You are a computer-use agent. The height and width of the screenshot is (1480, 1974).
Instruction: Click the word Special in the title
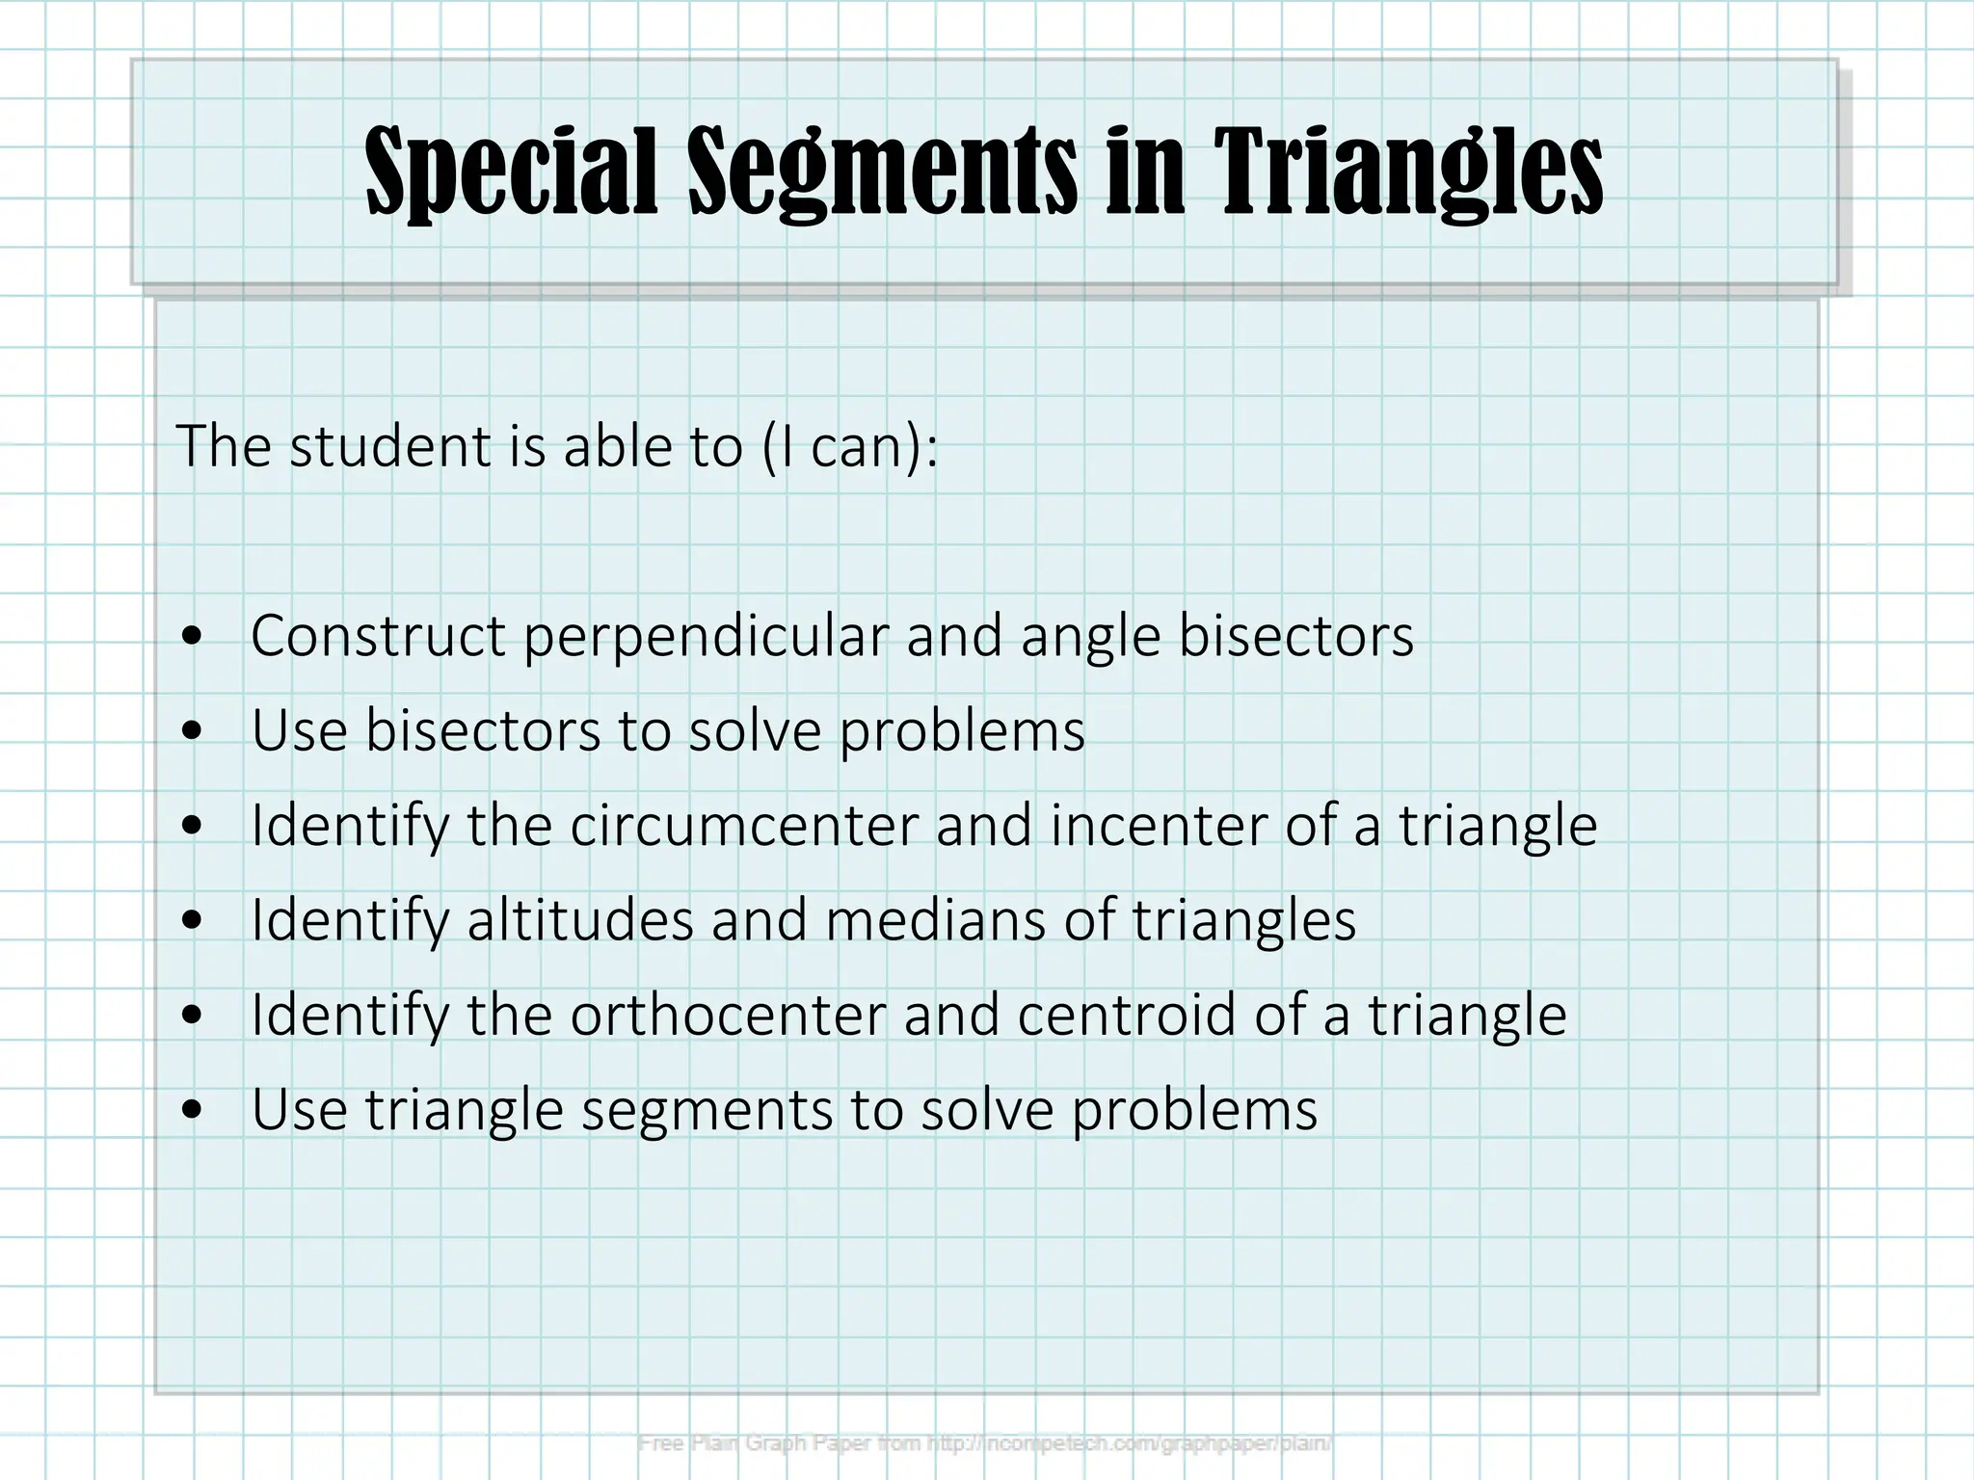[511, 173]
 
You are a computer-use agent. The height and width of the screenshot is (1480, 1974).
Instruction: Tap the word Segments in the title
[882, 173]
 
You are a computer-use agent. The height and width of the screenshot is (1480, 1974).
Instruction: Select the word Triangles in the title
[1407, 173]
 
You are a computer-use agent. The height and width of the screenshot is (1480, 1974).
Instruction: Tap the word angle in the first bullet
[1090, 636]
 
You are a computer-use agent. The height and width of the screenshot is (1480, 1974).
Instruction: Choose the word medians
[935, 920]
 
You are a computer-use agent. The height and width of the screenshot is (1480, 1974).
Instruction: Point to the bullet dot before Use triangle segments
[194, 1111]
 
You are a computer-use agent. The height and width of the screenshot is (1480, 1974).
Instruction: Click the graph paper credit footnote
[985, 1443]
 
